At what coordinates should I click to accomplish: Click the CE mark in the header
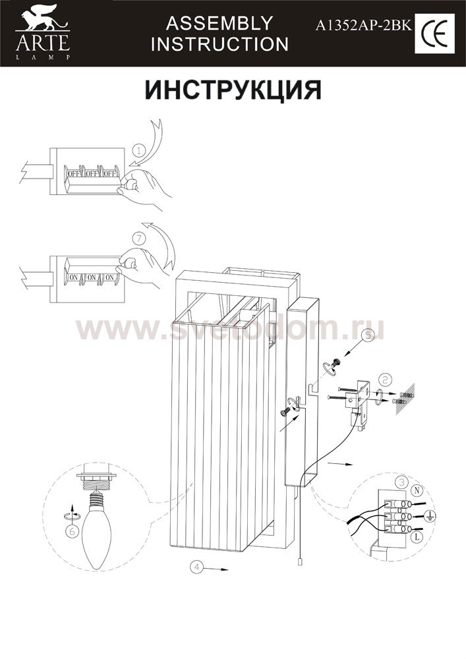(x=434, y=34)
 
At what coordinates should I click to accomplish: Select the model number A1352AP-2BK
(x=364, y=26)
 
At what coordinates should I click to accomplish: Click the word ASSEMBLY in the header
(x=219, y=23)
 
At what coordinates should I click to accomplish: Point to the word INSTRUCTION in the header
(x=219, y=44)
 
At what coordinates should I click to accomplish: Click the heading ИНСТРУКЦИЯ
(x=233, y=89)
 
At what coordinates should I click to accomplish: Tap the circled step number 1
(x=140, y=149)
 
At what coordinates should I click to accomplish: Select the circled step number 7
(x=139, y=239)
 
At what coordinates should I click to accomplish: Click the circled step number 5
(x=367, y=335)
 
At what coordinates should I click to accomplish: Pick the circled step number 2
(x=385, y=380)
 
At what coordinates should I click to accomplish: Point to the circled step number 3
(x=402, y=482)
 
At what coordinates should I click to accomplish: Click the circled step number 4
(x=196, y=567)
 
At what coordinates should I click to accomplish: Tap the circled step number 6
(x=73, y=531)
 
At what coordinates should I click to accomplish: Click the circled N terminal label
(x=417, y=490)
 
